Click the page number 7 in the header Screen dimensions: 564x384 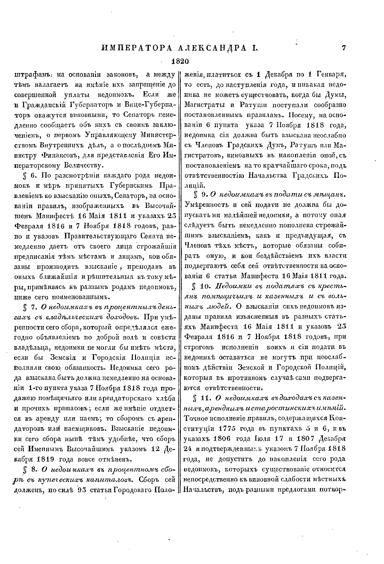pos(344,48)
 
